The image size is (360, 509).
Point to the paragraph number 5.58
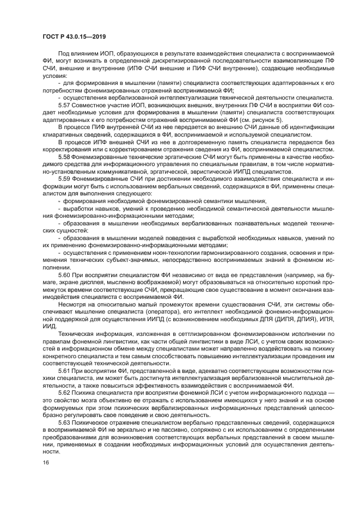click(66, 156)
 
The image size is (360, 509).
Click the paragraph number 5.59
click(66, 178)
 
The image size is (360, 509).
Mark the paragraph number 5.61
click(66, 370)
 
